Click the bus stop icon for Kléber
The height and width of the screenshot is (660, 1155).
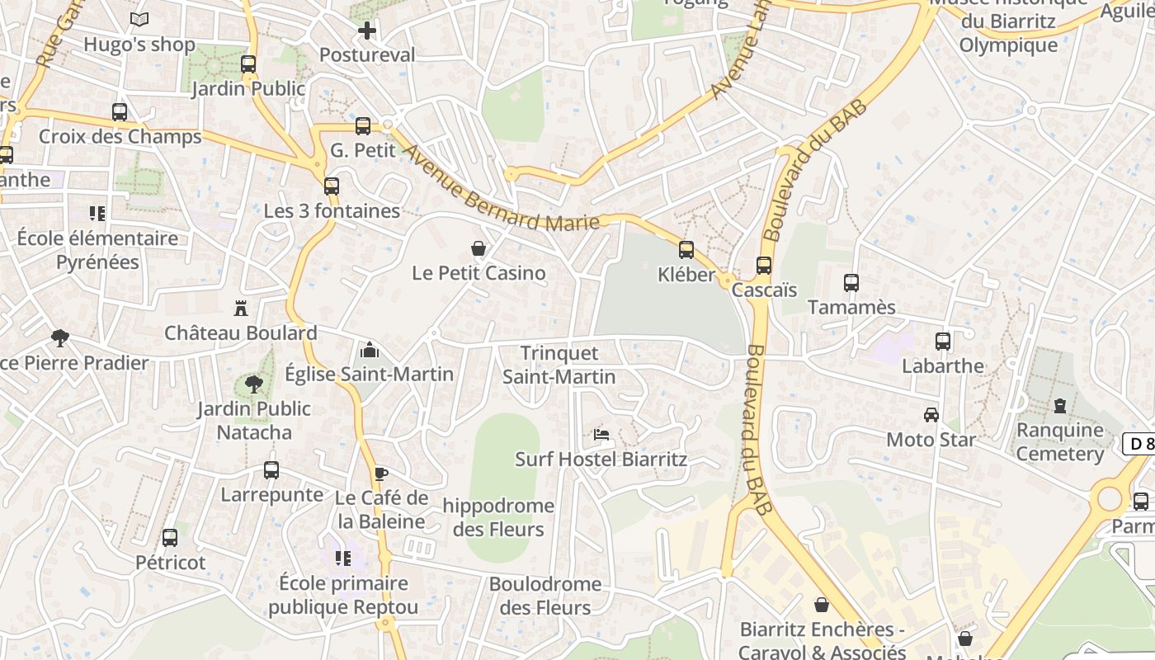tap(686, 250)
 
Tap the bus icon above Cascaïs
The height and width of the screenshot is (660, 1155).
tap(764, 266)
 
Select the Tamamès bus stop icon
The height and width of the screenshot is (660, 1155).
tap(851, 283)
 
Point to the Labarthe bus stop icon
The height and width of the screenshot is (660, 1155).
tap(943, 342)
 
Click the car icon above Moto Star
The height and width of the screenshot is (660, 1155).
tap(931, 415)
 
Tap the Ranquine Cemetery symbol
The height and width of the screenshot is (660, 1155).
tap(1060, 406)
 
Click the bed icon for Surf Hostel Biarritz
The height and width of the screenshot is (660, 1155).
tap(601, 435)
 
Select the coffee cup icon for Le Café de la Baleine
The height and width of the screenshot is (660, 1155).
tap(380, 474)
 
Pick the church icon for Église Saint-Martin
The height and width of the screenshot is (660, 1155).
tap(370, 350)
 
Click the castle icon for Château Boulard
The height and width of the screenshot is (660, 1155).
tap(241, 309)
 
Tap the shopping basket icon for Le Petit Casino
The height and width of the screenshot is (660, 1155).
tap(478, 248)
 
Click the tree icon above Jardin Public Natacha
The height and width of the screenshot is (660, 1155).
tap(254, 384)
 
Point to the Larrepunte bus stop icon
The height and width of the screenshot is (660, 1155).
tap(271, 470)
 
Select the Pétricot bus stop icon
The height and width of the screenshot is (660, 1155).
tap(170, 538)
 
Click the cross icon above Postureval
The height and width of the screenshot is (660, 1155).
tap(367, 31)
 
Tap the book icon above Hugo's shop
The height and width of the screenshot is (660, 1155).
tap(139, 20)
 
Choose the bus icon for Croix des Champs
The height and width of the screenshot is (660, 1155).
tap(120, 112)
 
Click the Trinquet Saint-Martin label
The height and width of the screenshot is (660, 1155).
tap(559, 365)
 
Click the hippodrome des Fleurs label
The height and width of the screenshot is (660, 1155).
tap(498, 517)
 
